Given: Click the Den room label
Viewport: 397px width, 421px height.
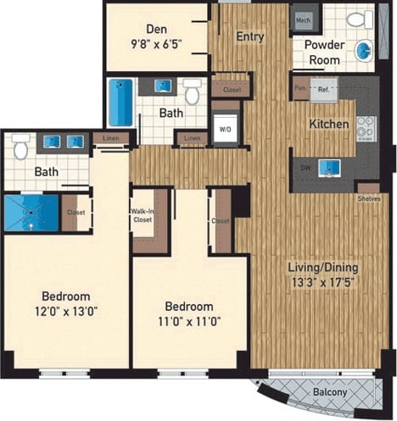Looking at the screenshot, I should [x=155, y=28].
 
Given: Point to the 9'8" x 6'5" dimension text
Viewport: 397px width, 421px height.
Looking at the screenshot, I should [x=155, y=43].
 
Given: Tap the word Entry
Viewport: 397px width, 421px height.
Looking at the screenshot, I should [x=250, y=36].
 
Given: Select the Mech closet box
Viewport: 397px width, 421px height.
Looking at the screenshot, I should [x=302, y=19].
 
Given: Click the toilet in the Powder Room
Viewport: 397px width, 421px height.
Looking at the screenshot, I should [x=355, y=19].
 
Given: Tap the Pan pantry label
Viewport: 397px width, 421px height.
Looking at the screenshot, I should [x=299, y=86].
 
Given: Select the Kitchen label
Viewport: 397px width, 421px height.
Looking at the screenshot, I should [x=328, y=125].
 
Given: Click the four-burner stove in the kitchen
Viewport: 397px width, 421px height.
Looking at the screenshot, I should [x=366, y=129].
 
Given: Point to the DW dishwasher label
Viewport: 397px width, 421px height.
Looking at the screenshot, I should [x=305, y=168].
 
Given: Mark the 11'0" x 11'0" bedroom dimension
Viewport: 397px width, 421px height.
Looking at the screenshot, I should [x=189, y=322].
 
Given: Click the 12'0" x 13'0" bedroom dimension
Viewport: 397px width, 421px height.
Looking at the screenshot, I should [x=66, y=312].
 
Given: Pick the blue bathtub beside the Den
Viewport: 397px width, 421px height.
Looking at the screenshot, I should [x=121, y=102].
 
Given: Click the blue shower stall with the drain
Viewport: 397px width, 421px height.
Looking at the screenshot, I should [x=32, y=213].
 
